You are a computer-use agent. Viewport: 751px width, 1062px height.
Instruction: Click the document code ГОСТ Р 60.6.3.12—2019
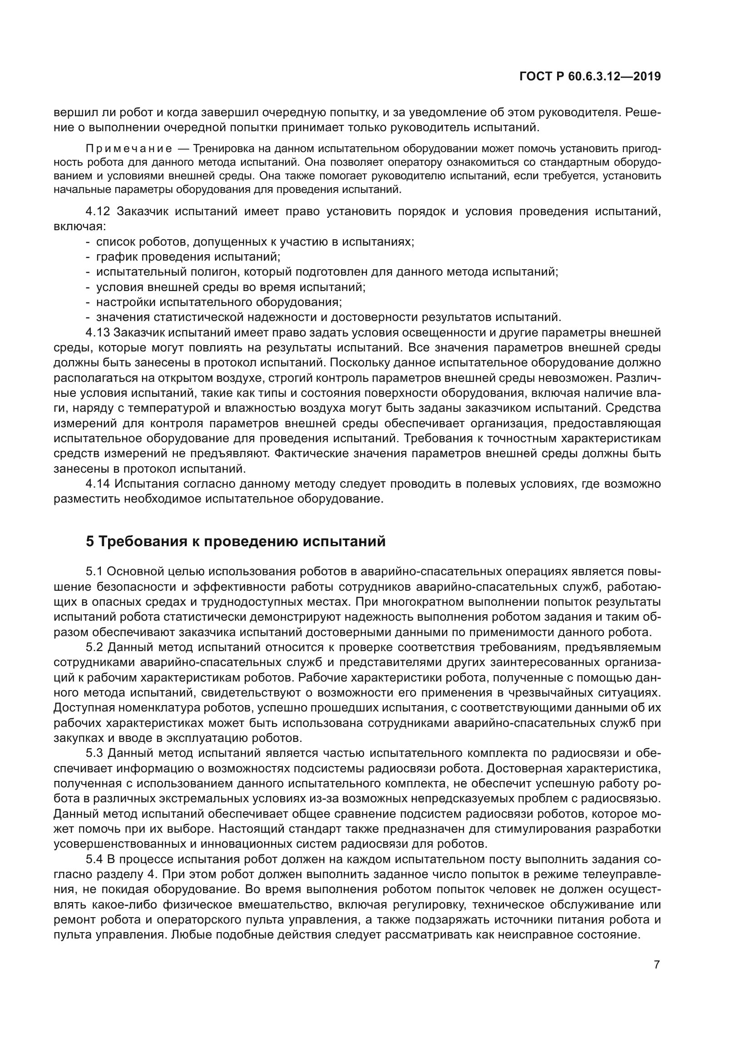[x=590, y=76]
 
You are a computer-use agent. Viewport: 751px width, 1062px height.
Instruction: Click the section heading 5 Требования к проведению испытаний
[x=235, y=541]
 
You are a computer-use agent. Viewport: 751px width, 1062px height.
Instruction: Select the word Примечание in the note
[x=129, y=149]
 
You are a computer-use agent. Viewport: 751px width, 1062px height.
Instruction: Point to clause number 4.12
[x=98, y=212]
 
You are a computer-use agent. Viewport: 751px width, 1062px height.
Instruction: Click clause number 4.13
[x=98, y=332]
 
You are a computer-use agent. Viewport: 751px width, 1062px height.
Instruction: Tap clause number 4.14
[x=98, y=484]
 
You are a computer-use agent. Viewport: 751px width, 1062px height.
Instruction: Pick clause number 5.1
[x=94, y=572]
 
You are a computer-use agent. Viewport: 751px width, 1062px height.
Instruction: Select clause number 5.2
[x=94, y=647]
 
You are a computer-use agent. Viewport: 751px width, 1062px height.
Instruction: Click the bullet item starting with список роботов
[x=255, y=242]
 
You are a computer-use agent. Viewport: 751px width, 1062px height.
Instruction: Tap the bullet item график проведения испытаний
[x=188, y=257]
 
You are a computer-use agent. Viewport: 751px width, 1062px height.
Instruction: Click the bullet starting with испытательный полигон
[x=327, y=272]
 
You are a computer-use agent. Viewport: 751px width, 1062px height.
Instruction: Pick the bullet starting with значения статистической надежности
[x=328, y=317]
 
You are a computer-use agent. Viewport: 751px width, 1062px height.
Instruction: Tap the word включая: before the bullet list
[x=79, y=227]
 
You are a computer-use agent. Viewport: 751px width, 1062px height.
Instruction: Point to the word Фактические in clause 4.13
[x=311, y=454]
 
